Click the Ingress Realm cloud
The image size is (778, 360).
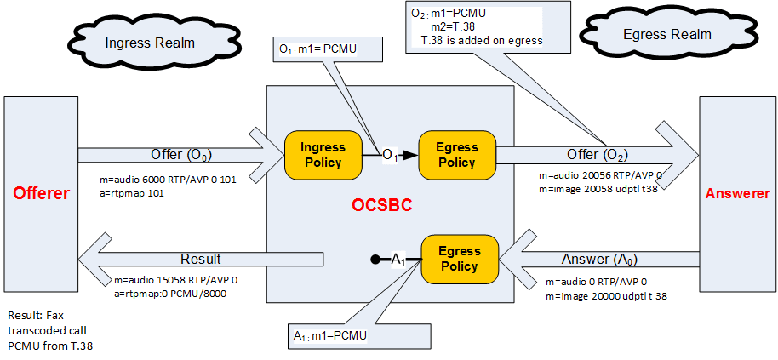click(x=150, y=43)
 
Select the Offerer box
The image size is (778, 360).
click(x=40, y=193)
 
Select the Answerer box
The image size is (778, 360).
click(x=737, y=193)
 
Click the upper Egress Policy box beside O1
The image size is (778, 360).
click(x=456, y=155)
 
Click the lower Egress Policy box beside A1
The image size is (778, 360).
click(x=460, y=259)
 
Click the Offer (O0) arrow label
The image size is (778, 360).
click(x=181, y=155)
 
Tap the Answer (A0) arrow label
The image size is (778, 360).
click(x=597, y=259)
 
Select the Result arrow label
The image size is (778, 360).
click(x=200, y=259)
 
